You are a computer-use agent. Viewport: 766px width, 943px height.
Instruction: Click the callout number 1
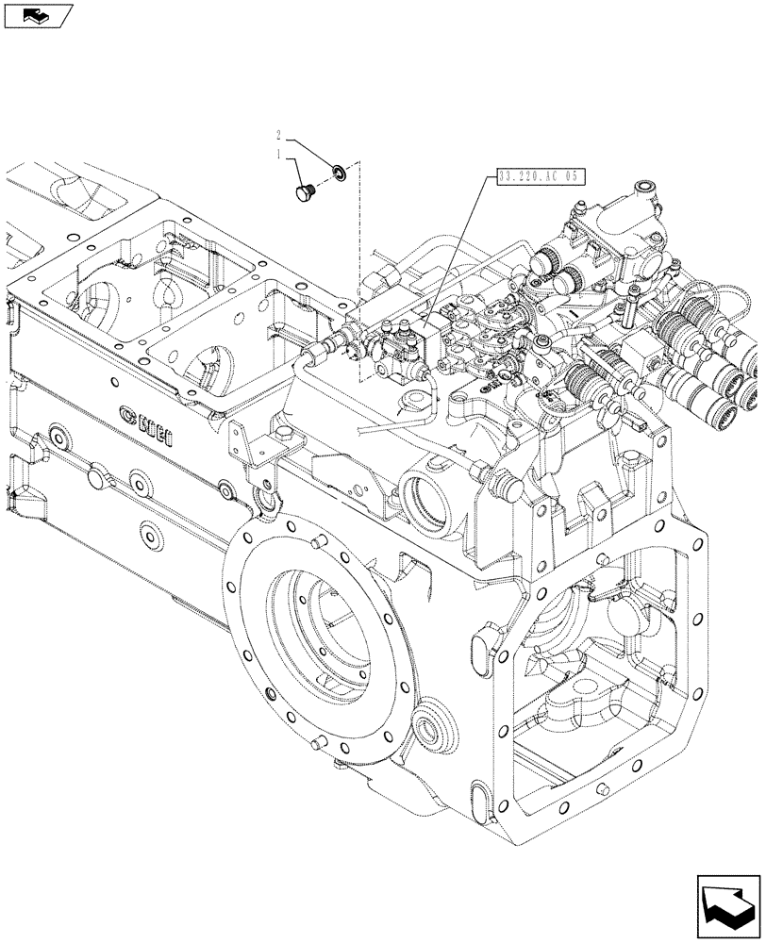click(279, 153)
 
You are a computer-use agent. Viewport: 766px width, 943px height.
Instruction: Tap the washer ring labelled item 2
click(340, 172)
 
